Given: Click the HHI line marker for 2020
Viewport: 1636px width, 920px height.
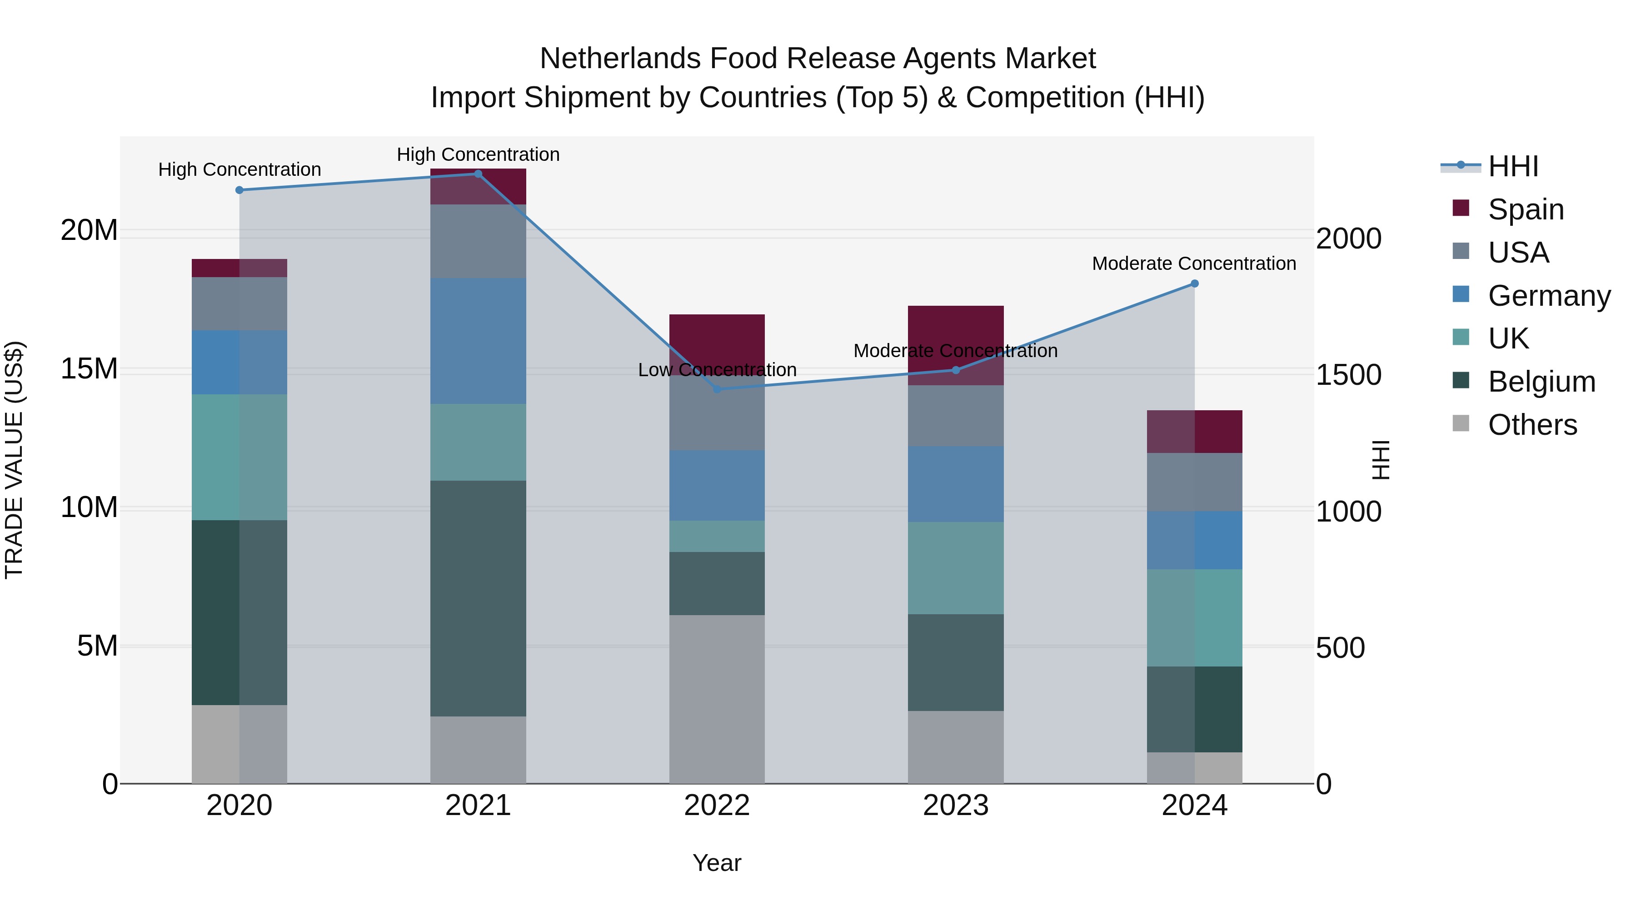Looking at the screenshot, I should click(x=239, y=190).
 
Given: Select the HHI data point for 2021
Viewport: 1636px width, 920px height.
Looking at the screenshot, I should click(x=478, y=174).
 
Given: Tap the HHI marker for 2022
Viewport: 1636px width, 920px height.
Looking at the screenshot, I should click(x=717, y=389).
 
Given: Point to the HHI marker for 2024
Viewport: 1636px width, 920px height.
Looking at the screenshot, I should click(x=1195, y=284).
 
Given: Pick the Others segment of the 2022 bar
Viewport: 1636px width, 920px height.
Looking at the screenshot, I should click(x=717, y=698).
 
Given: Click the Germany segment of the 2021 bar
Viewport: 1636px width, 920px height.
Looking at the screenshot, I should click(x=478, y=341).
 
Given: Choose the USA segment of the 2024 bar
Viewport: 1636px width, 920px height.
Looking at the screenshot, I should click(x=1195, y=482).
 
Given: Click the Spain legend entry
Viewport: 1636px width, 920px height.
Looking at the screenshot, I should click(x=1526, y=209).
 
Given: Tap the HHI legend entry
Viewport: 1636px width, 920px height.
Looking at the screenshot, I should click(x=1513, y=166).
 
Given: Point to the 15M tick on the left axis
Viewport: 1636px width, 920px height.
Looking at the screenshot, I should click(x=89, y=369).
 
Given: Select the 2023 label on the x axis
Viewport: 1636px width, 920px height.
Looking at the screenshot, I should click(x=956, y=806).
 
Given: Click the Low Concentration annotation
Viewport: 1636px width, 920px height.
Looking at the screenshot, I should click(x=717, y=369).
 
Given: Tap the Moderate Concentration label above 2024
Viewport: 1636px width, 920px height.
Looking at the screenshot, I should click(x=1194, y=264).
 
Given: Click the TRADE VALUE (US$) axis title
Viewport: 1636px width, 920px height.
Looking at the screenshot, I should click(x=14, y=460).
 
